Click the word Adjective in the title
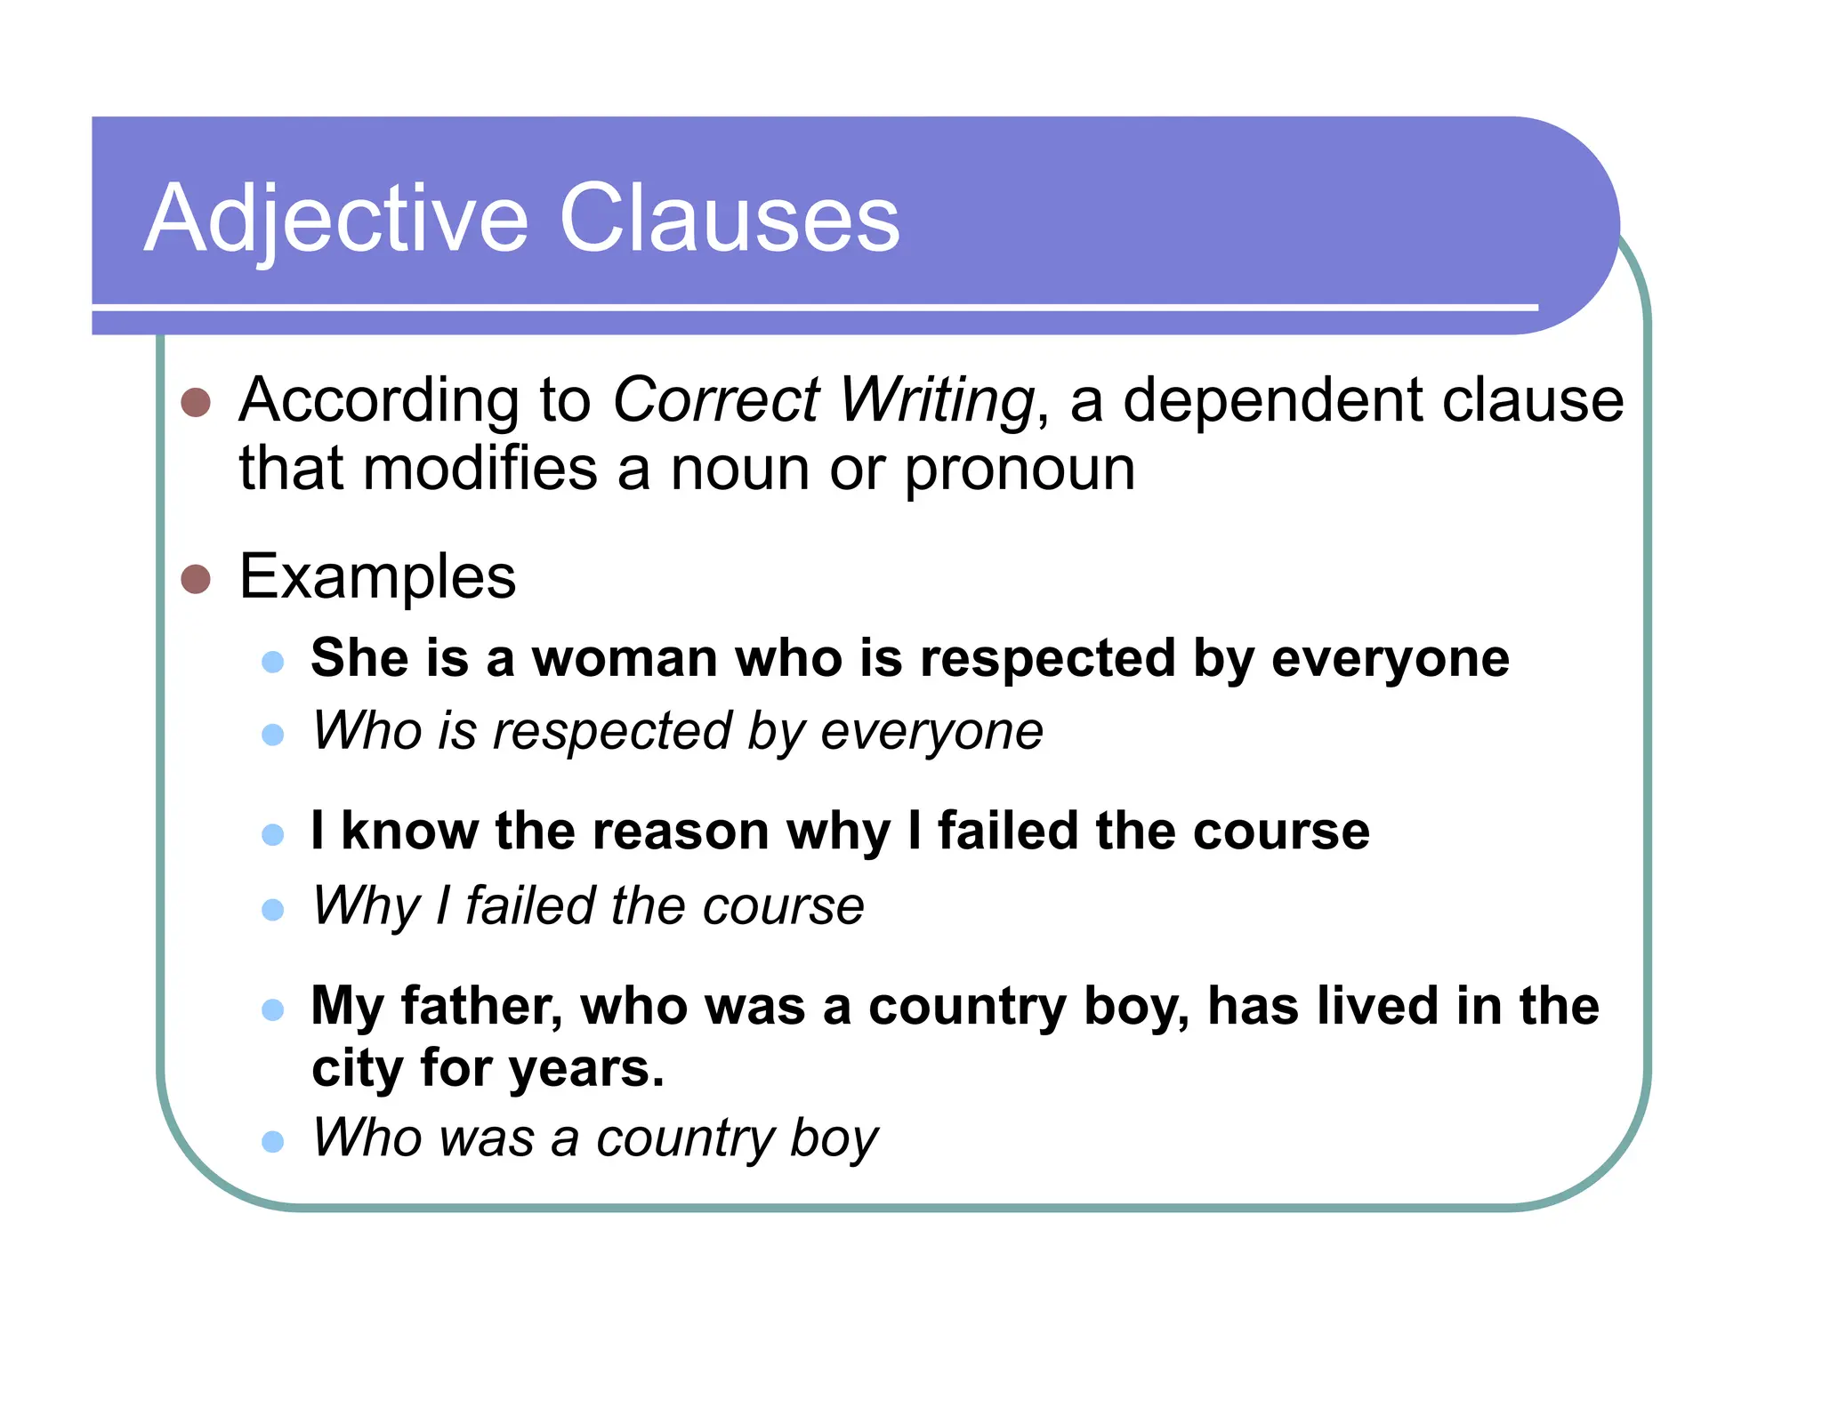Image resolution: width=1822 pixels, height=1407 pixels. pos(336,219)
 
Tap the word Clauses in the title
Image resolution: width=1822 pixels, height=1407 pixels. pos(729,219)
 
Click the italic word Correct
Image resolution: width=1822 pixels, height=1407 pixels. pos(716,400)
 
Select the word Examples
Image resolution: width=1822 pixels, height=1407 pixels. pos(377,577)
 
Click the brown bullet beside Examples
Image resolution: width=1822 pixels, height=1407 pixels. pos(196,579)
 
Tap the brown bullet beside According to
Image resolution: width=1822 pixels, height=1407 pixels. pos(196,402)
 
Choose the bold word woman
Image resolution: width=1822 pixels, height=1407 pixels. pos(625,659)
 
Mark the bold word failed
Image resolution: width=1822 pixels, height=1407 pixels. pos(1008,832)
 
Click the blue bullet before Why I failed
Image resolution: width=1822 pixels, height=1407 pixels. pos(273,910)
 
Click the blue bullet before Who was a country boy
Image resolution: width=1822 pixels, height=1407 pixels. pos(273,1141)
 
